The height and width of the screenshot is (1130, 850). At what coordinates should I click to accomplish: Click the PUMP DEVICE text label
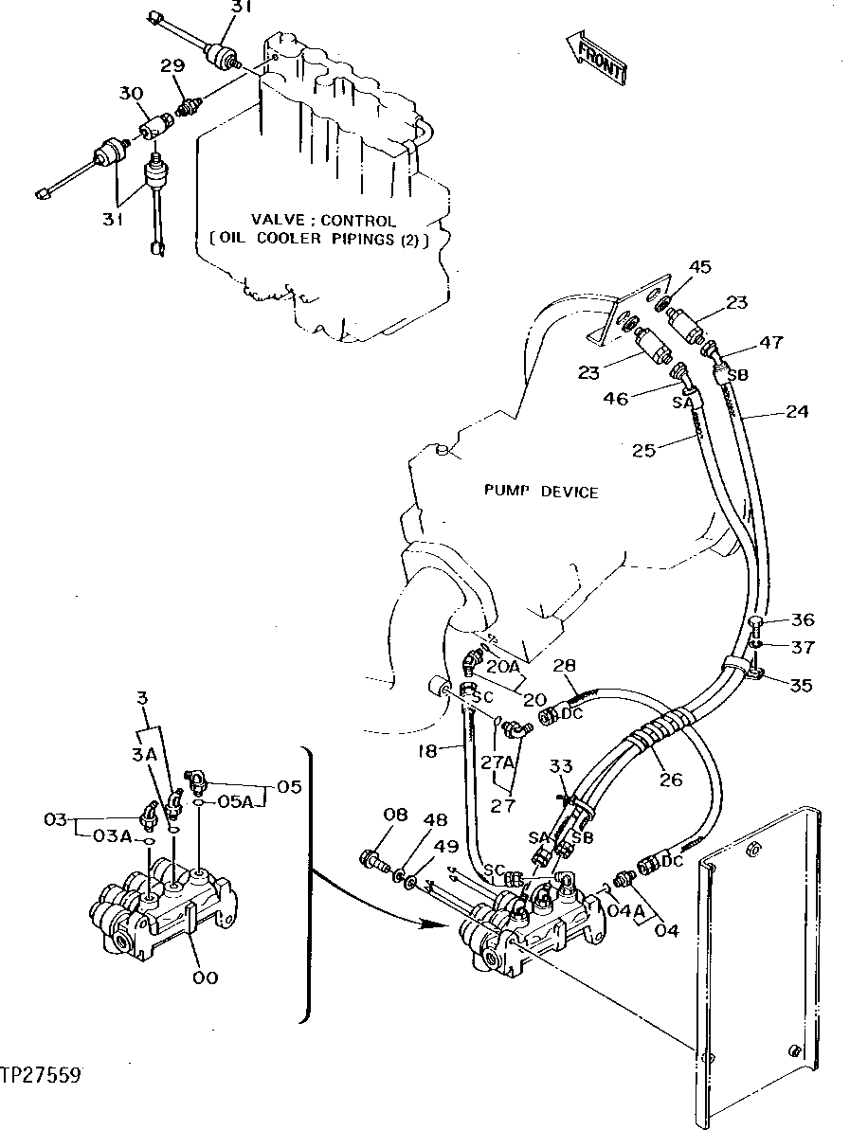pyautogui.click(x=541, y=492)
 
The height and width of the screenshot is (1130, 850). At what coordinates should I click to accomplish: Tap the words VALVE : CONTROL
pyautogui.click(x=311, y=221)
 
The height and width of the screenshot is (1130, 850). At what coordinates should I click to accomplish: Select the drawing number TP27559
pyautogui.click(x=41, y=1075)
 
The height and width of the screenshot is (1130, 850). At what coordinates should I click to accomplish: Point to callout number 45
pyautogui.click(x=699, y=268)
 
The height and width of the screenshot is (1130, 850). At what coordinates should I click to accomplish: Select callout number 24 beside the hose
pyautogui.click(x=797, y=412)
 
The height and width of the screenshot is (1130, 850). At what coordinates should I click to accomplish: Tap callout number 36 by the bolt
pyautogui.click(x=803, y=620)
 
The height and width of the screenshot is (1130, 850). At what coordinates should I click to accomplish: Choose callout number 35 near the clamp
pyautogui.click(x=801, y=685)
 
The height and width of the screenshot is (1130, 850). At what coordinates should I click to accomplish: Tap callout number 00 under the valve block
pyautogui.click(x=206, y=978)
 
